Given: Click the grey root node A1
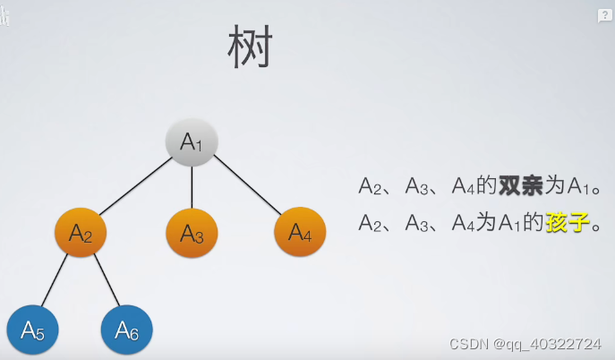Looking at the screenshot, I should tap(192, 141).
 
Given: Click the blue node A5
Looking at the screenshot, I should tap(32, 331).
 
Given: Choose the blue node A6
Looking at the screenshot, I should tap(126, 331).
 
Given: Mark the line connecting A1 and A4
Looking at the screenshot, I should tap(246, 186).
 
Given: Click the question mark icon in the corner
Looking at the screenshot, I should tap(605, 16).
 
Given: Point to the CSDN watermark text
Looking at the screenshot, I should tap(468, 344).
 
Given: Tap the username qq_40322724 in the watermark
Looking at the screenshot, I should tap(552, 344).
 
